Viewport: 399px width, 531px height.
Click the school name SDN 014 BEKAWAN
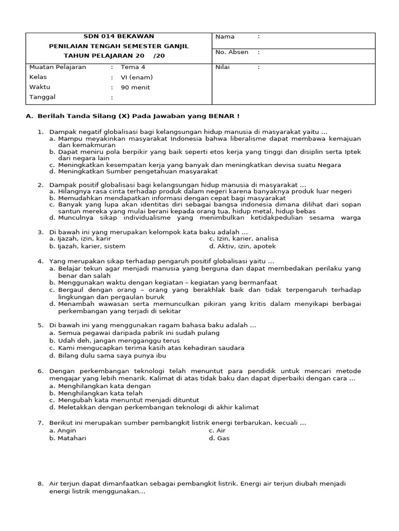pyautogui.click(x=119, y=36)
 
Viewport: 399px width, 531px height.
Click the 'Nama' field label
pyautogui.click(x=225, y=37)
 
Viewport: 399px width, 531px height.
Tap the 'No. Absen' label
pyautogui.click(x=232, y=52)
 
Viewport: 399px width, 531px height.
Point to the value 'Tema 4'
pyautogui.click(x=133, y=67)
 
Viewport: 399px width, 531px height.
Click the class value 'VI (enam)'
pyautogui.click(x=137, y=77)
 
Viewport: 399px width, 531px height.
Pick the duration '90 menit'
pyautogui.click(x=135, y=87)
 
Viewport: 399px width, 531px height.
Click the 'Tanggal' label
pyautogui.click(x=42, y=97)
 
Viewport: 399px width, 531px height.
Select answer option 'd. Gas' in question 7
pyautogui.click(x=219, y=438)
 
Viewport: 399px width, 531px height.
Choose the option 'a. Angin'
pyautogui.click(x=63, y=430)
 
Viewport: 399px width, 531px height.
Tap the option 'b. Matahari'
pyautogui.click(x=68, y=438)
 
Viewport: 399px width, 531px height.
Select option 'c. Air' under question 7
pyautogui.click(x=218, y=430)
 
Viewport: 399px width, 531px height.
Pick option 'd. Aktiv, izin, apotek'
pyautogui.click(x=242, y=246)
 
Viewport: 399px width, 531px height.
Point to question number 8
pyautogui.click(x=40, y=483)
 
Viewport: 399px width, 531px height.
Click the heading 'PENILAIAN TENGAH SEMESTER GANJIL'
pyautogui.click(x=119, y=46)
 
